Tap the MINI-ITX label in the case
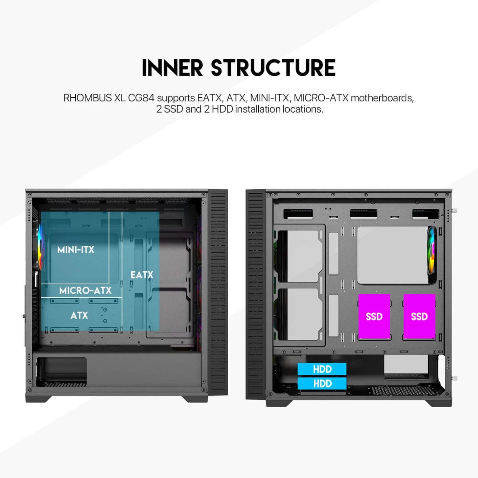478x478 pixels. (76, 250)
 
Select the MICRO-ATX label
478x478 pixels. (85, 291)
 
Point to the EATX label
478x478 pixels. (142, 275)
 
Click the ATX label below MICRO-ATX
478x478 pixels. (79, 316)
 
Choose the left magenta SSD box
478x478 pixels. (374, 317)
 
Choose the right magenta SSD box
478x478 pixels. (419, 317)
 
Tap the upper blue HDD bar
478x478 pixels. (322, 369)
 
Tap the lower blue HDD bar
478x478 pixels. (322, 383)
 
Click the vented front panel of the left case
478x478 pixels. (218, 291)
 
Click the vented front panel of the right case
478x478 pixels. (256, 291)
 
